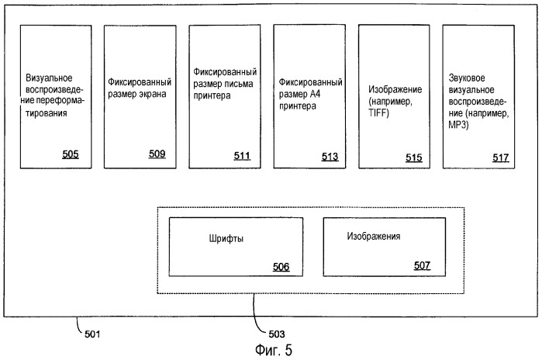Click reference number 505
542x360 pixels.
tap(71, 154)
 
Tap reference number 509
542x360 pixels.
tap(157, 154)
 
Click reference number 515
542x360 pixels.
tap(414, 157)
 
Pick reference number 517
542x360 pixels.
tap(500, 157)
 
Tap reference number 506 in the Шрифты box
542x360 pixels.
tap(281, 267)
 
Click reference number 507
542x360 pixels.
tap(422, 266)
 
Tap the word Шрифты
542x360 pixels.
tap(226, 239)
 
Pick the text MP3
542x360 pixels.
tap(459, 114)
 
